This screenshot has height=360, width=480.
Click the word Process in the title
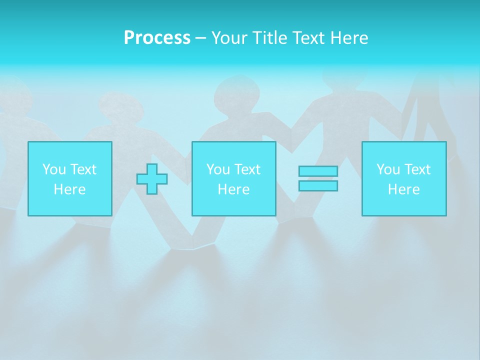[x=157, y=38]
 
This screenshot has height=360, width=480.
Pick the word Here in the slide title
[x=349, y=38]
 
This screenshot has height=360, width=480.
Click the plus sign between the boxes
[x=152, y=179]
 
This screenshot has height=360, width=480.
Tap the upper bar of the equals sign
[x=318, y=171]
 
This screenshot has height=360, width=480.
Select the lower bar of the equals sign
[x=318, y=185]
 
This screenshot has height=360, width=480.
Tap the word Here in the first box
[x=69, y=189]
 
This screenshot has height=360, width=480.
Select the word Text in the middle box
[x=246, y=169]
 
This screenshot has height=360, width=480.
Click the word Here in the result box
[x=404, y=189]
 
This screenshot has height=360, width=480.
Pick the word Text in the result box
[x=416, y=169]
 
